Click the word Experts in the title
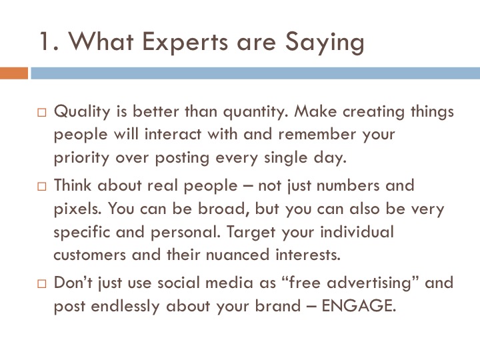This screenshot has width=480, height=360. pyautogui.click(x=185, y=42)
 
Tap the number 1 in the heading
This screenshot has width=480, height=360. pyautogui.click(x=45, y=41)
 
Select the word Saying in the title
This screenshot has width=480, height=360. pyautogui.click(x=325, y=43)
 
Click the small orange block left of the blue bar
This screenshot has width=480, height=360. pyautogui.click(x=14, y=73)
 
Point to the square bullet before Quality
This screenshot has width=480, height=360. pyautogui.click(x=42, y=113)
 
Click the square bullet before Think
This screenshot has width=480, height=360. pyautogui.click(x=42, y=187)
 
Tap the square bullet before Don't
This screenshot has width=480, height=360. pyautogui.click(x=42, y=284)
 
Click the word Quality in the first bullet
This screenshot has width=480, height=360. pyautogui.click(x=82, y=112)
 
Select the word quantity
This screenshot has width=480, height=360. pyautogui.click(x=256, y=113)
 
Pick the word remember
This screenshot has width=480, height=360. pyautogui.click(x=317, y=134)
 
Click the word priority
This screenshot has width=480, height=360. pyautogui.click(x=81, y=158)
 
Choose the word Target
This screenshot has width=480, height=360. pyautogui.click(x=251, y=233)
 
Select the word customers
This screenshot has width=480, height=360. pyautogui.click(x=90, y=255)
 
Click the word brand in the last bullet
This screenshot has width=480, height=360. pyautogui.click(x=278, y=306)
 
